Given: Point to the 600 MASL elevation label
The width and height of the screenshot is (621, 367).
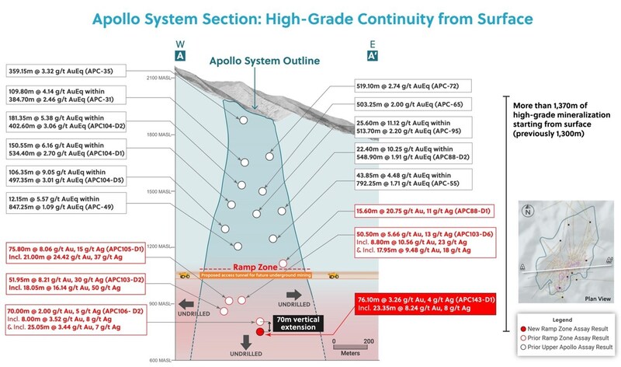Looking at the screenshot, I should tap(159, 359).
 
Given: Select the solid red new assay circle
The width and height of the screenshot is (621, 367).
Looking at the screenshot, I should tap(260, 332).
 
